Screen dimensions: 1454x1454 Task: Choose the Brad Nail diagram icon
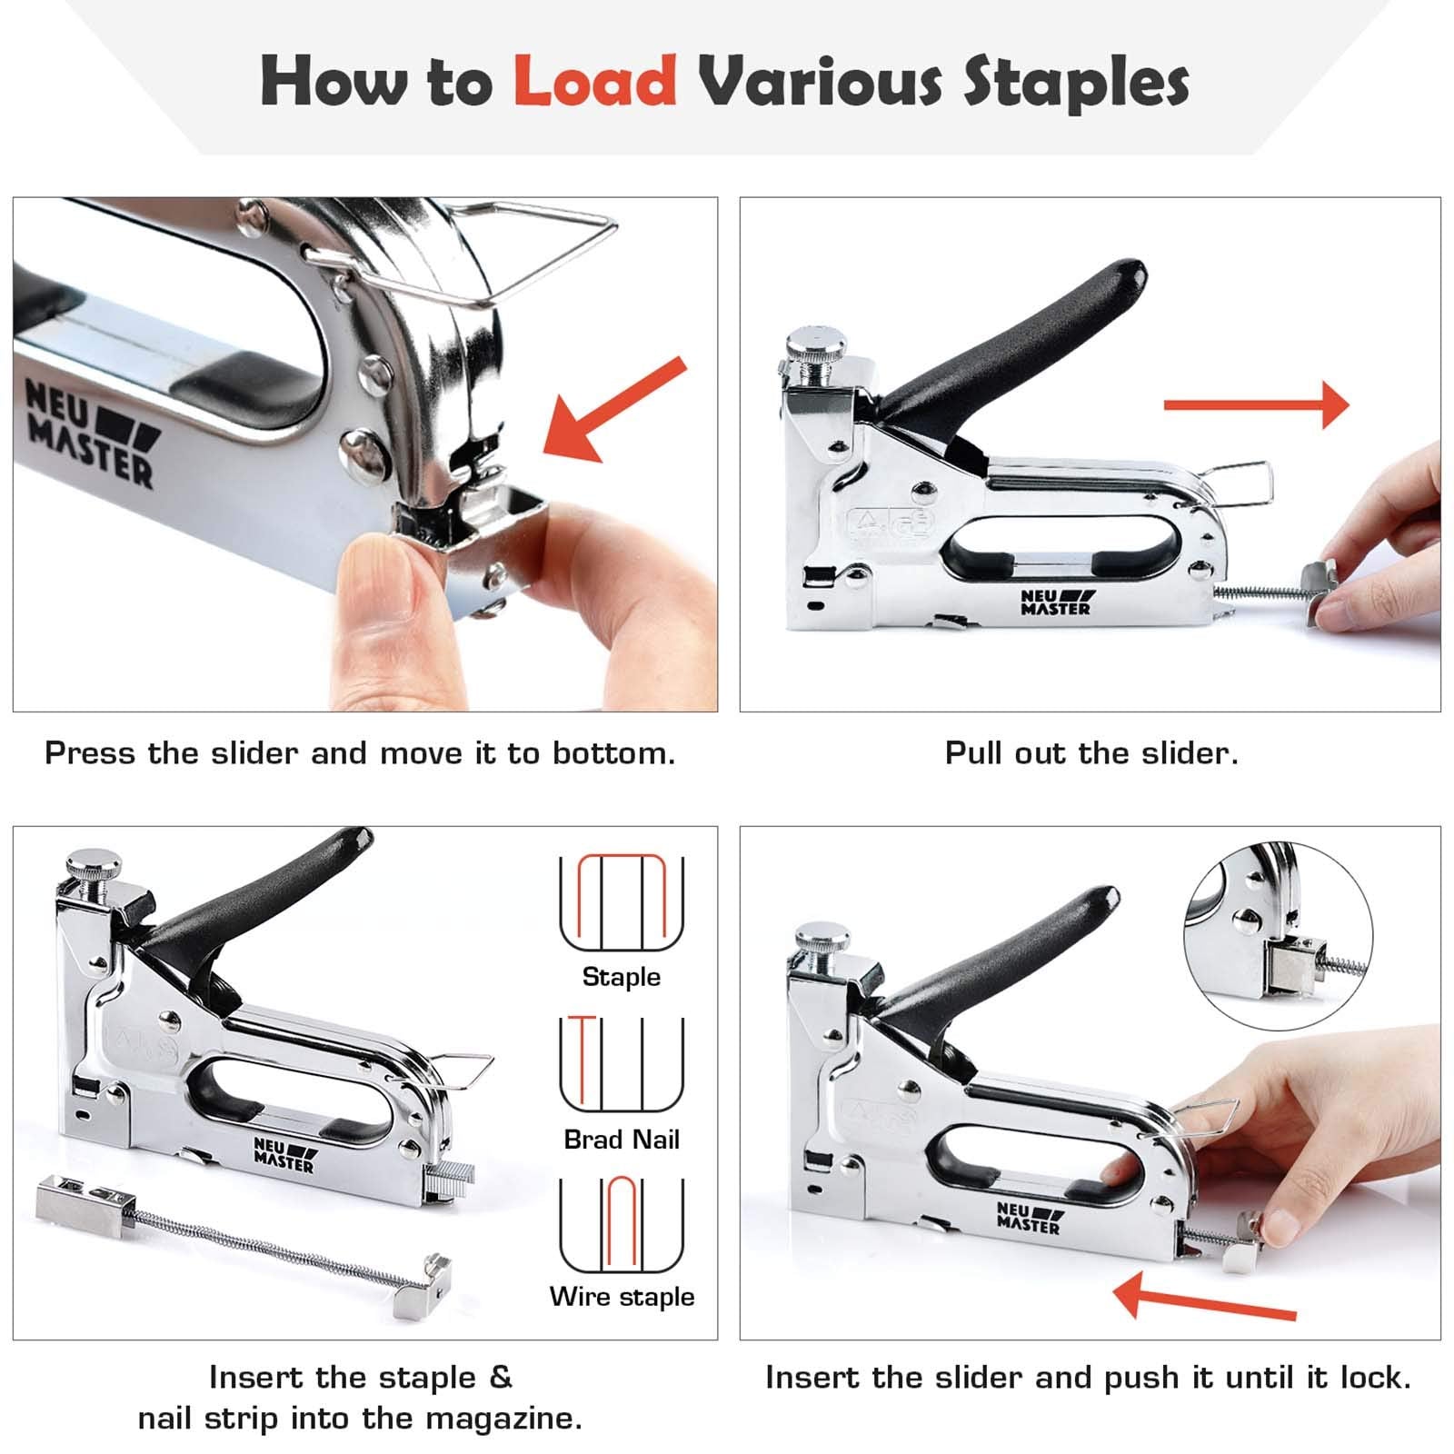coord(622,1063)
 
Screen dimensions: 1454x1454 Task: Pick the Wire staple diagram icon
coord(622,1224)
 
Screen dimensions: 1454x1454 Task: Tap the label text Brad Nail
coord(622,1140)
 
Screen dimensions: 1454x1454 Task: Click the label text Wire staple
coord(622,1297)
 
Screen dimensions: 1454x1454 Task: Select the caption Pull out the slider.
coord(1090,753)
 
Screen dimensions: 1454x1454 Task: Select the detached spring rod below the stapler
coord(245,1236)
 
